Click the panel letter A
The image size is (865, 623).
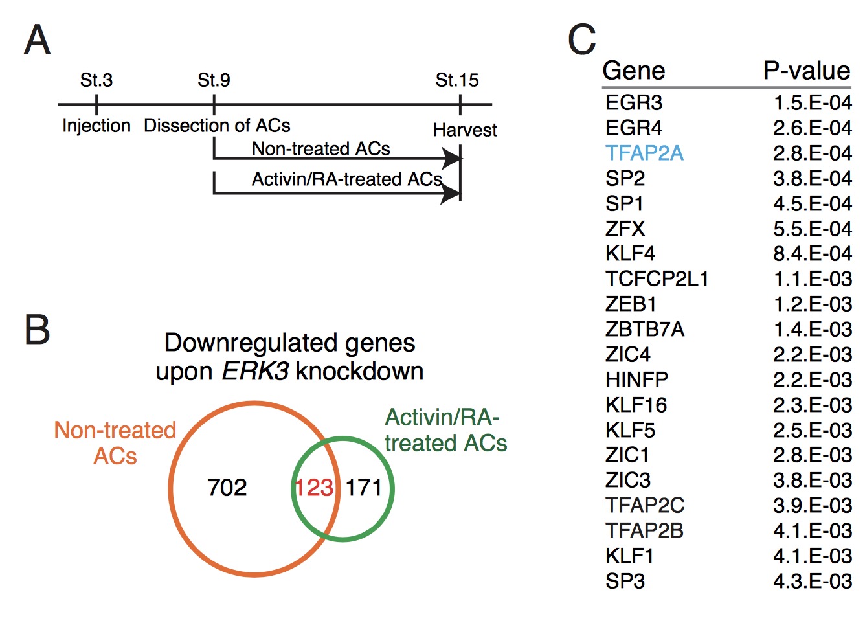click(x=37, y=40)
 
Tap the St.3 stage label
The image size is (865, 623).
click(x=96, y=80)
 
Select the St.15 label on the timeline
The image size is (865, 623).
click(x=457, y=80)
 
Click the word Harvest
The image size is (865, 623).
click(x=465, y=130)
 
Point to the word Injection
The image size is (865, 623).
click(x=96, y=125)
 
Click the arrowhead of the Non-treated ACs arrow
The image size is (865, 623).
click(x=451, y=158)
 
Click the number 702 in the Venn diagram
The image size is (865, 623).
click(x=227, y=487)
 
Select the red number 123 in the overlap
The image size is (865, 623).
click(x=314, y=487)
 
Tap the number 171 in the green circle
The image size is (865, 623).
click(x=364, y=487)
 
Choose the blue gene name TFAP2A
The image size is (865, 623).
click(x=644, y=153)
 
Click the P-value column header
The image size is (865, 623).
click(x=806, y=71)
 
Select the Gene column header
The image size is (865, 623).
click(x=634, y=71)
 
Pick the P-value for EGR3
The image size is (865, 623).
click(x=813, y=102)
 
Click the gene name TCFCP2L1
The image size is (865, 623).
click(x=657, y=278)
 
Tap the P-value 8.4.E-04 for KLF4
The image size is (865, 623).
click(x=813, y=253)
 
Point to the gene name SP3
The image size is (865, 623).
click(x=625, y=581)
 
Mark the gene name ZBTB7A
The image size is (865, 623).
click(x=644, y=329)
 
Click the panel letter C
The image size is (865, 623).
click(x=581, y=40)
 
